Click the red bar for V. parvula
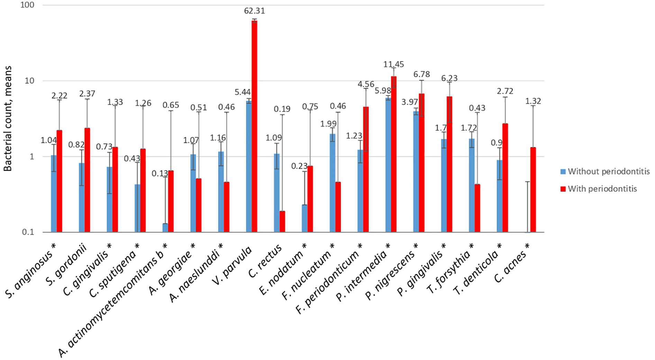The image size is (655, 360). tap(254, 126)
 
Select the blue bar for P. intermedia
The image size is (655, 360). tap(388, 165)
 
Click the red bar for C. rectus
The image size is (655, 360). tap(282, 221)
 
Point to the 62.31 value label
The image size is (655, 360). tap(254, 11)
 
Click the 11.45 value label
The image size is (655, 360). tap(394, 64)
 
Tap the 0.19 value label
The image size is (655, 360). tap(282, 109)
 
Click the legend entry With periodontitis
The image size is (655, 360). tap(602, 189)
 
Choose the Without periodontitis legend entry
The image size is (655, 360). tap(608, 172)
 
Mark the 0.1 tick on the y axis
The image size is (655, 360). tap(29, 232)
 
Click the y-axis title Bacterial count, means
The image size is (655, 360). tap(8, 119)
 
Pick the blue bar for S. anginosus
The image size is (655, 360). tap(54, 194)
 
